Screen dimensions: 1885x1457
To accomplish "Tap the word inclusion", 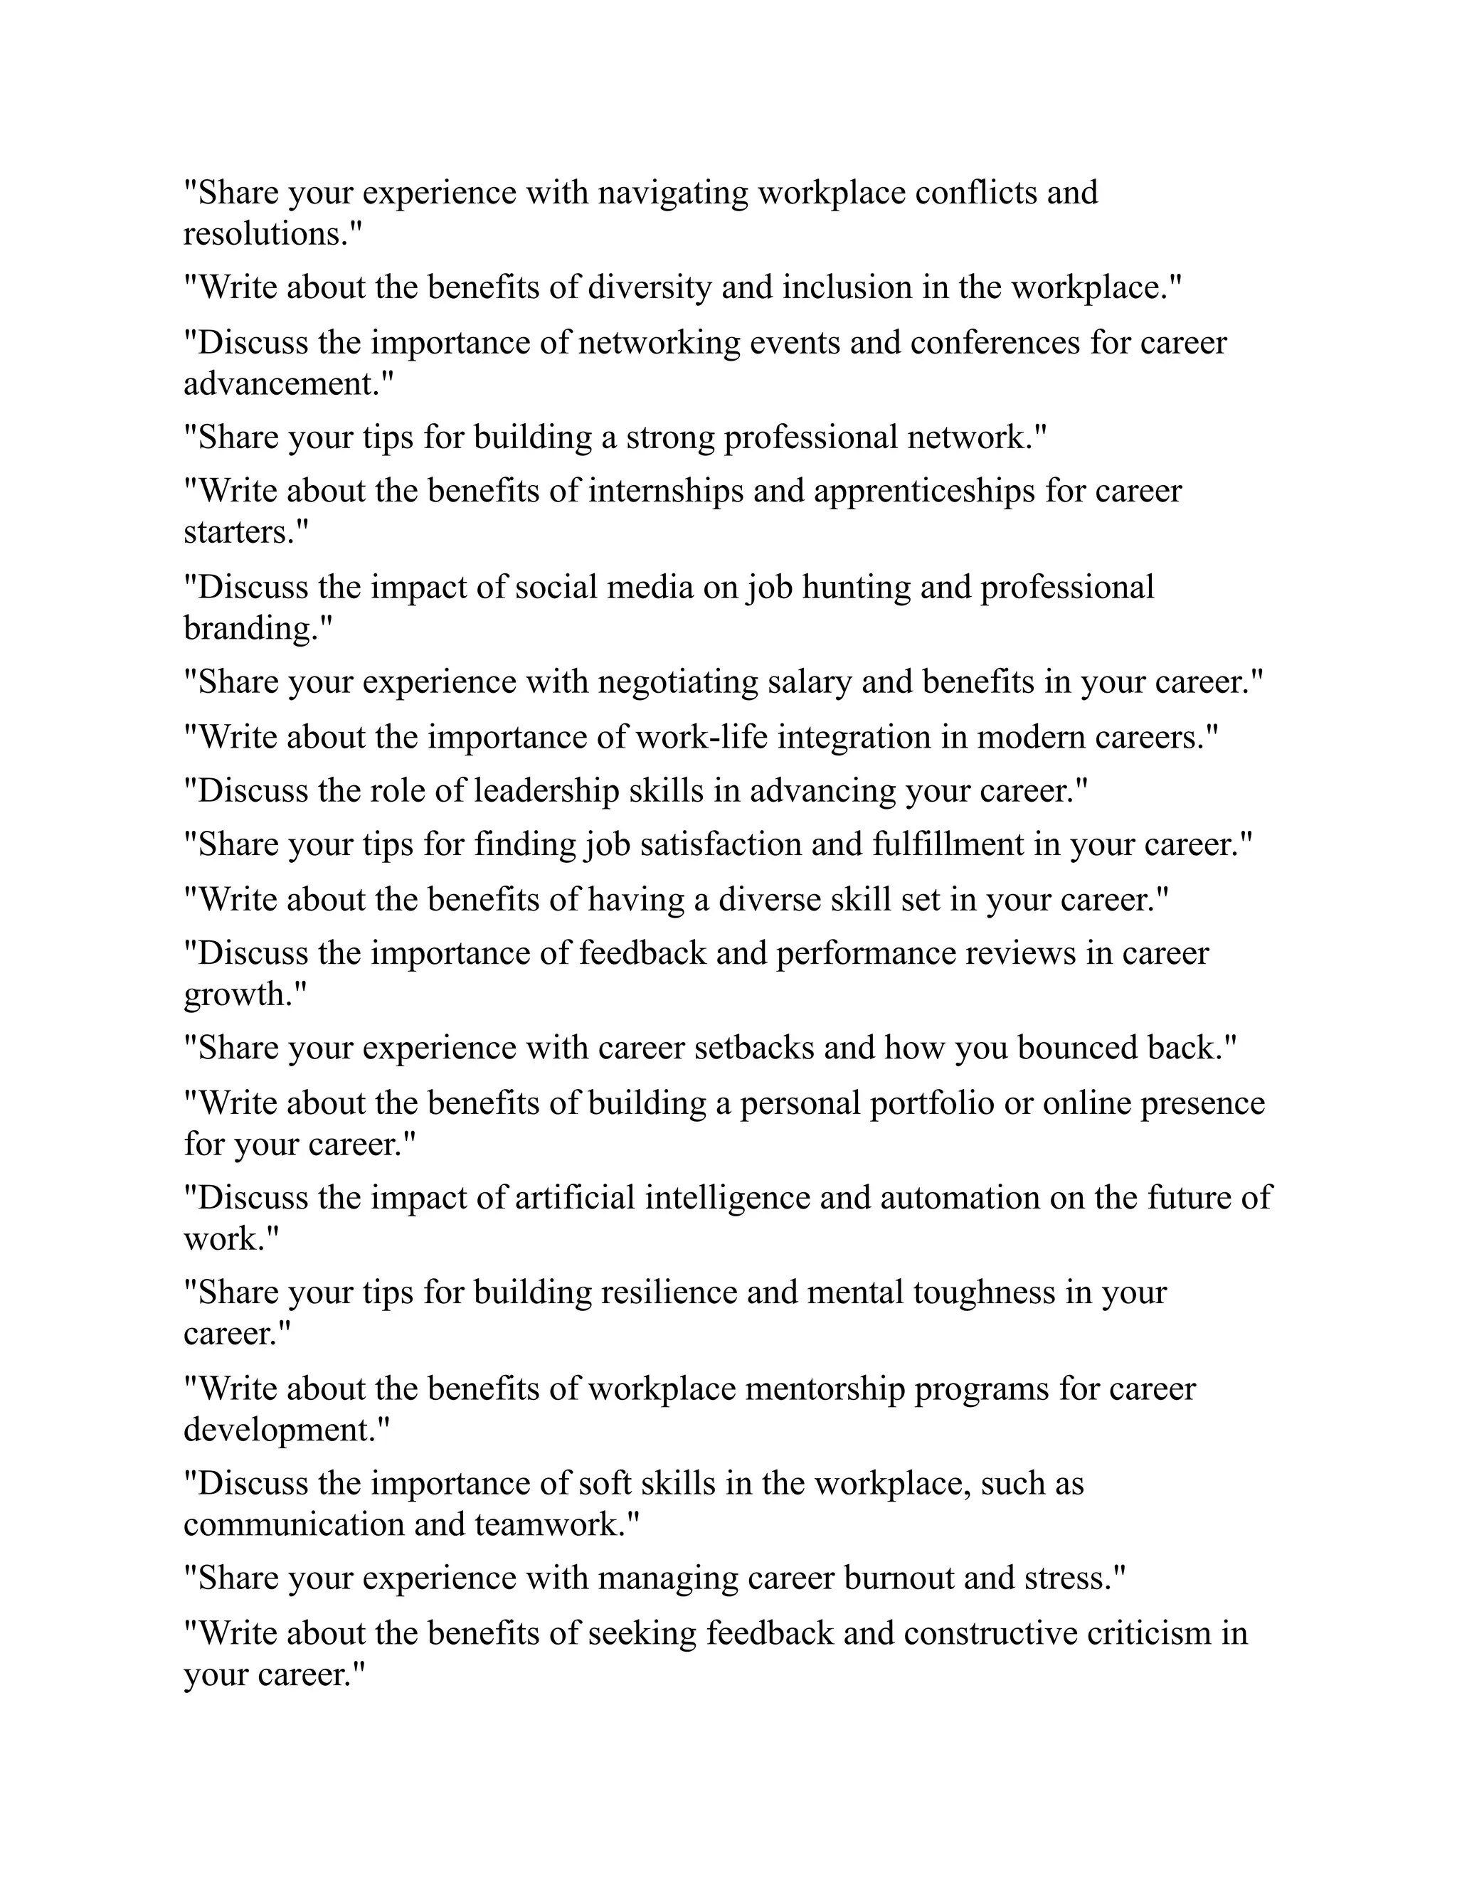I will click(847, 287).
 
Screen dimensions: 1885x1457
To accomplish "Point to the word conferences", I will click(995, 343).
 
